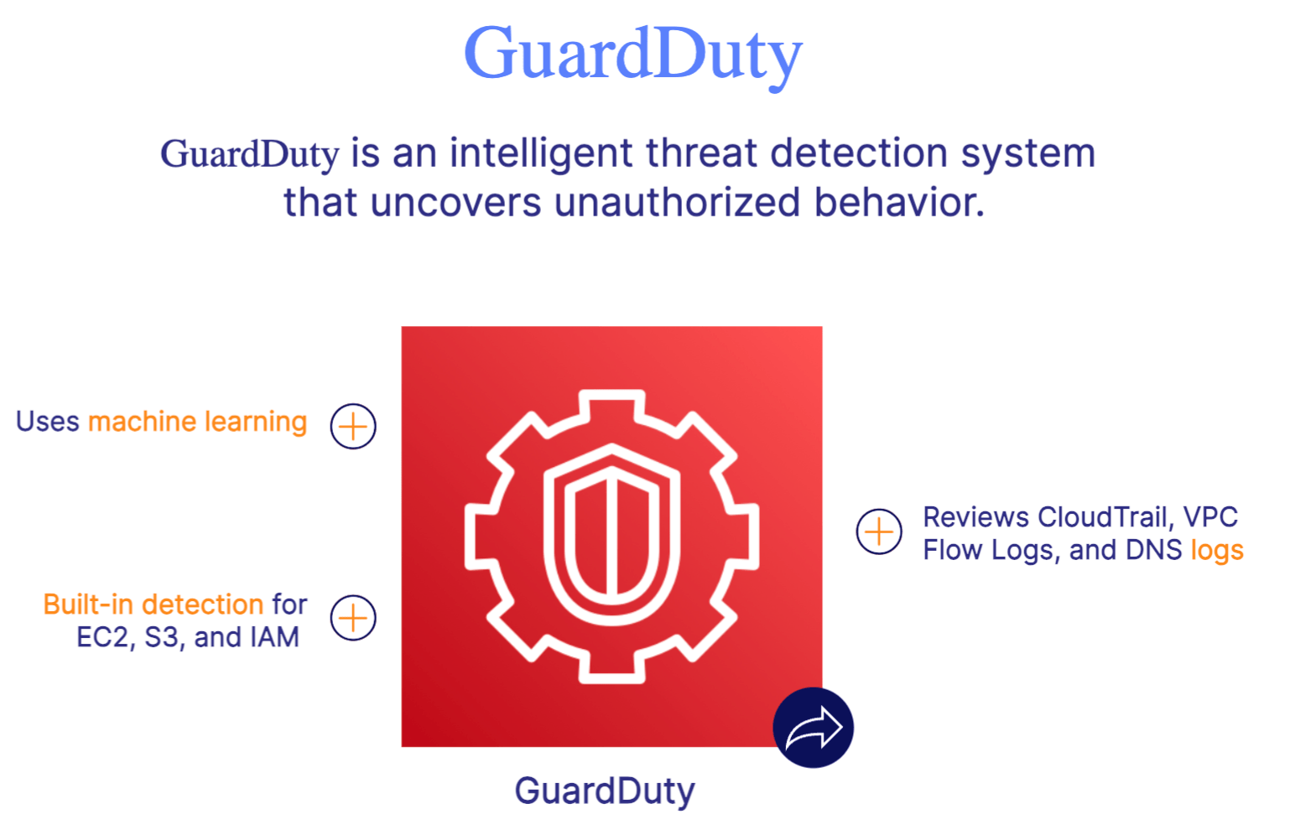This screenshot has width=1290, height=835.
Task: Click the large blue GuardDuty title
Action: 632,54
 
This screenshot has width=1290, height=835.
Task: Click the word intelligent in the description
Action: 541,153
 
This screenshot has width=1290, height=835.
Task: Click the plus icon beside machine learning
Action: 353,427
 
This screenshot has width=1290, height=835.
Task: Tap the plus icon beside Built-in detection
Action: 353,619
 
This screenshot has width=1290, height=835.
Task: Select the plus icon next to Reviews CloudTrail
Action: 879,532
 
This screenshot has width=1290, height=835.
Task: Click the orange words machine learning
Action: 198,422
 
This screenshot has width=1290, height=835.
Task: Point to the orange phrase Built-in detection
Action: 153,604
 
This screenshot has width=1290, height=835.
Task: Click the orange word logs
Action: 1217,551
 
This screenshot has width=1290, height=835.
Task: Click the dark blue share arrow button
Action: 813,728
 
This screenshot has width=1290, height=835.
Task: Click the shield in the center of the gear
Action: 612,537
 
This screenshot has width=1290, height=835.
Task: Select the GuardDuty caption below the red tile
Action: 605,791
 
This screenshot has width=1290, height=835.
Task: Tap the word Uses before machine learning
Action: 48,422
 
